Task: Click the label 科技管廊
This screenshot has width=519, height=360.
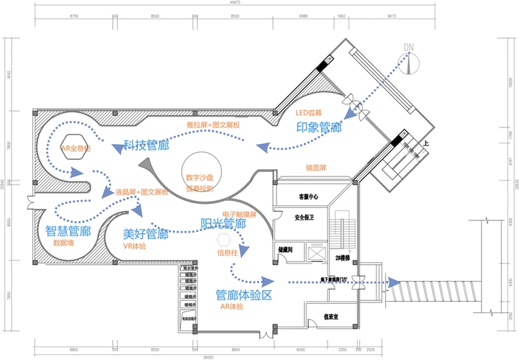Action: coord(145,145)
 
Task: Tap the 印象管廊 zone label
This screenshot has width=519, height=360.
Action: coord(319,127)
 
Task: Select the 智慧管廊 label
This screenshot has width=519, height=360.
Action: coord(68,231)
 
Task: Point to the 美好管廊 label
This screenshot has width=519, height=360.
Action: coord(145,234)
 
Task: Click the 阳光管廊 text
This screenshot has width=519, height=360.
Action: coord(223,223)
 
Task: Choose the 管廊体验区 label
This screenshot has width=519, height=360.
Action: coord(244,294)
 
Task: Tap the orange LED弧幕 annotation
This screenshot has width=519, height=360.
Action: coord(309,113)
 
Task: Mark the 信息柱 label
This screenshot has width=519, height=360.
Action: coord(229,252)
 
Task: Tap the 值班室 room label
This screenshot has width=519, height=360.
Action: coord(331,315)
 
